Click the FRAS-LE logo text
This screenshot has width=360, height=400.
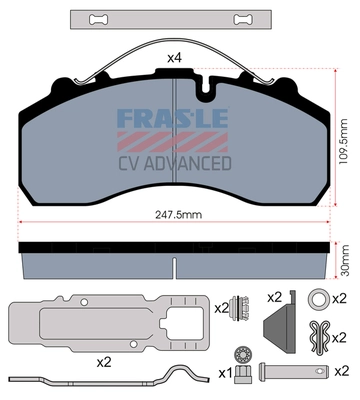175,122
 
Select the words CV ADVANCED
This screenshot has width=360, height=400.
175,162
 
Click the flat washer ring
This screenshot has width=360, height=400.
317,297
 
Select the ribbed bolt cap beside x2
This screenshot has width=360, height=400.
241,310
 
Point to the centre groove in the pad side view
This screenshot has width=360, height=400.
174,266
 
